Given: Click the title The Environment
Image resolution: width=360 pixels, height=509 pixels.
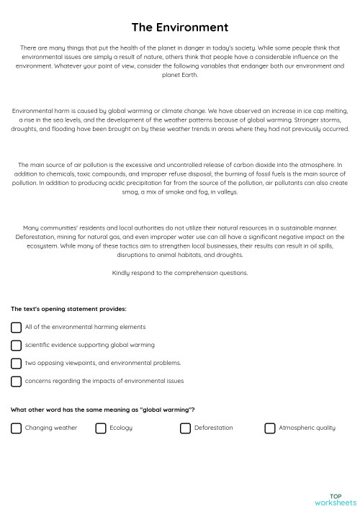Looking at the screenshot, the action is click(180, 27).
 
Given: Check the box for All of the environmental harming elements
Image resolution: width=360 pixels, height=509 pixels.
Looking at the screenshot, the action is click(16, 327).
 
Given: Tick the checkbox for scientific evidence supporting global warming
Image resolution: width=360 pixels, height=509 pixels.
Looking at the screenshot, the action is click(16, 345).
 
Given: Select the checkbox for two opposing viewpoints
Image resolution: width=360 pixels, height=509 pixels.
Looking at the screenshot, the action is click(16, 363).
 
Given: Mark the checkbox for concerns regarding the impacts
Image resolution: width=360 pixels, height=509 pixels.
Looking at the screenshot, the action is click(16, 381).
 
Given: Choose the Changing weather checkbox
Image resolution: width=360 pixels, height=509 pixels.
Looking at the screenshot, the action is click(16, 428).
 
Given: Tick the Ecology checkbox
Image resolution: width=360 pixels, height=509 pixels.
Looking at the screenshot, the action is click(101, 428).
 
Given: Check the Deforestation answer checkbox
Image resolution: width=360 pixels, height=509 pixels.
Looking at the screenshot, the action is click(185, 428).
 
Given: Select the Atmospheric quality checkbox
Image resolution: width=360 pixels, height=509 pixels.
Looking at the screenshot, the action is click(270, 428).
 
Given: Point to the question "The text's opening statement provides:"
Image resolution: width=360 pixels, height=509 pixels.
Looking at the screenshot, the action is click(68, 309).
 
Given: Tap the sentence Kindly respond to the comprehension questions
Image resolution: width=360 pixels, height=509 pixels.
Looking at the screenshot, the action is click(180, 273).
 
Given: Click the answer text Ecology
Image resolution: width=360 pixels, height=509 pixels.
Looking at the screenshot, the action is click(120, 428).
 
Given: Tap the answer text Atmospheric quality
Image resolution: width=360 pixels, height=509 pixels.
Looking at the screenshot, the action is click(307, 428).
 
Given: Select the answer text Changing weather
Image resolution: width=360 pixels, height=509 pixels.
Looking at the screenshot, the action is click(50, 428).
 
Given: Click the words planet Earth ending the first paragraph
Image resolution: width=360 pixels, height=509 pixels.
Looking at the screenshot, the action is click(180, 74).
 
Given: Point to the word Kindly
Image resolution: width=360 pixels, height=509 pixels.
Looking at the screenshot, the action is click(121, 273).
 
